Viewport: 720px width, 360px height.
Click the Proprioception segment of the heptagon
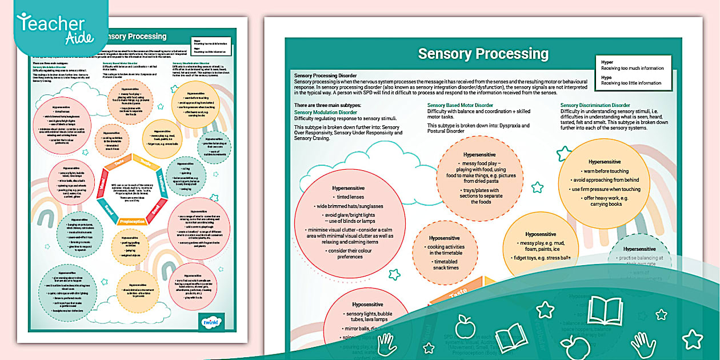pyautogui.click(x=133, y=221)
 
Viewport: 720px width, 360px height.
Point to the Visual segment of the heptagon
pyautogui.click(x=102, y=185)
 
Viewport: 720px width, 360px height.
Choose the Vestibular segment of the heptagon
pyautogui.click(x=162, y=183)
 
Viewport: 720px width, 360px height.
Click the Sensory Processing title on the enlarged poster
pyautogui.click(x=483, y=54)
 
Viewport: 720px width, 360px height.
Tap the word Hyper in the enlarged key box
pyautogui.click(x=607, y=61)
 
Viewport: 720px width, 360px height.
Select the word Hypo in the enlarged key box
pyautogui.click(x=607, y=75)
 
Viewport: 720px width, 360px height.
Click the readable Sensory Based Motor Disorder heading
pyautogui.click(x=460, y=105)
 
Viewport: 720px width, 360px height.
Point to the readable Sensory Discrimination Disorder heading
pyautogui.click(x=595, y=105)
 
